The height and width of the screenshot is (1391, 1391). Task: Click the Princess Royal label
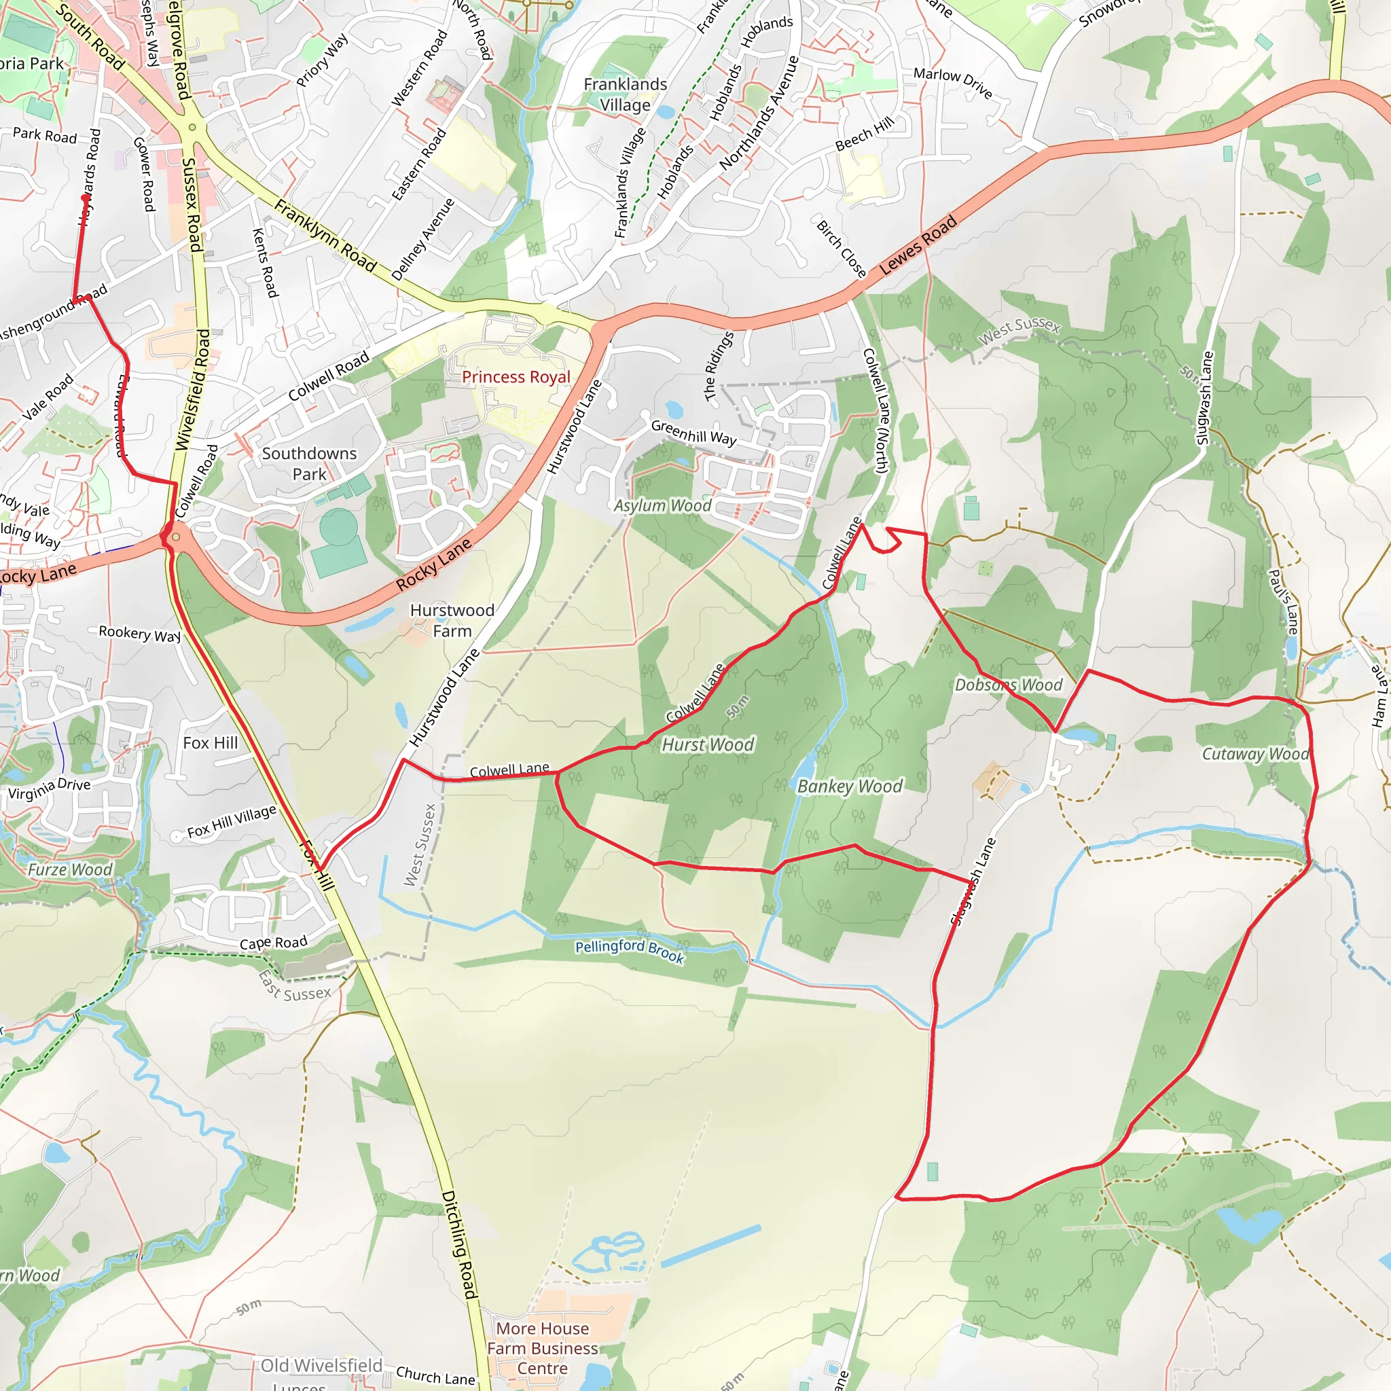tap(516, 376)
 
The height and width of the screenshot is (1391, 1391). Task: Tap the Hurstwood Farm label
tap(452, 620)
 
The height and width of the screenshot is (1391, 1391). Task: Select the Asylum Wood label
tap(662, 505)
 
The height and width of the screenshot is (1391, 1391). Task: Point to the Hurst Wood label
tap(708, 744)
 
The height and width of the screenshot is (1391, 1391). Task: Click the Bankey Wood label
tap(850, 787)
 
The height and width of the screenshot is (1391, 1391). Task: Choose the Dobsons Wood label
tap(1008, 685)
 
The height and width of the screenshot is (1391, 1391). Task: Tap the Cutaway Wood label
tap(1255, 754)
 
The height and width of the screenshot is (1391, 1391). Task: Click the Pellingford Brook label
tap(629, 951)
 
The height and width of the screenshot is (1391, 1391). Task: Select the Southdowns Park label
tap(309, 464)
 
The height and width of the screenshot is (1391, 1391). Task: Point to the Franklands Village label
tap(625, 94)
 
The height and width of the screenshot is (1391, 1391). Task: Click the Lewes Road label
tap(918, 245)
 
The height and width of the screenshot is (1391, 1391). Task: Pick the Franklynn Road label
tap(325, 236)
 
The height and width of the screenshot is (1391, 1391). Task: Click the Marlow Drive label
tap(952, 82)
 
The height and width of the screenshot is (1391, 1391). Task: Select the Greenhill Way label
tap(693, 432)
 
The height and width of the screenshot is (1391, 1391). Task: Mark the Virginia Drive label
tap(49, 789)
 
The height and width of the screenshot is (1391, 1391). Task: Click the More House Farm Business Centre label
tap(542, 1348)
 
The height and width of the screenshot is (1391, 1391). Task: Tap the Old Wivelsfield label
tap(321, 1366)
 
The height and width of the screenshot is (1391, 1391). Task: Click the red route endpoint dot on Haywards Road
tap(85, 197)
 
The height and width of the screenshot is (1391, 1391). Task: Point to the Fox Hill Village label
tap(232, 822)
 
